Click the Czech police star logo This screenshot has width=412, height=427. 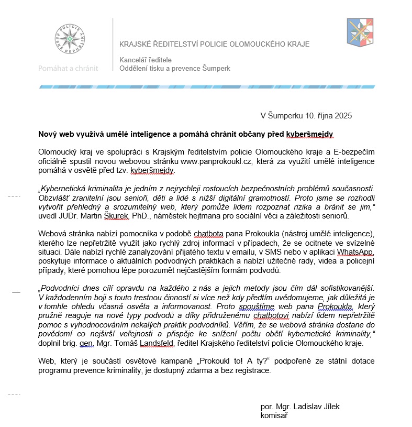68,40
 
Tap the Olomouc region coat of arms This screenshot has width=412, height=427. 360,32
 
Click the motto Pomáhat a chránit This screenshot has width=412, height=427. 68,69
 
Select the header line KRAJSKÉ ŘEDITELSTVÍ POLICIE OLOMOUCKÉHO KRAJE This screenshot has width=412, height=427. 215,44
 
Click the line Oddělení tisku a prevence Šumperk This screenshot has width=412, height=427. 175,69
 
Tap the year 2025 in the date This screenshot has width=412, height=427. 343,115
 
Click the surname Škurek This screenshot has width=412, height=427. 121,216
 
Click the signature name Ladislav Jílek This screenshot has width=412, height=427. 296,407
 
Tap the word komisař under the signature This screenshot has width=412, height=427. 274,415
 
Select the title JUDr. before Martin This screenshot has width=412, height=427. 72,216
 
